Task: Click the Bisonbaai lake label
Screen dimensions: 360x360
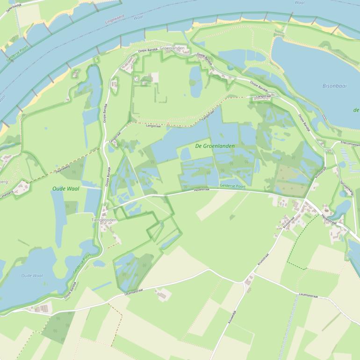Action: click(334, 86)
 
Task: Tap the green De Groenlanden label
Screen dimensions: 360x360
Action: click(215, 146)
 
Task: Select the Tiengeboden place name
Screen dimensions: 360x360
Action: click(104, 220)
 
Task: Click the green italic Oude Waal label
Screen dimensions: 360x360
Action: click(65, 189)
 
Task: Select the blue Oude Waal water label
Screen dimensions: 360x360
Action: click(32, 276)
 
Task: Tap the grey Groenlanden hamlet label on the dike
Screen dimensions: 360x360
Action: click(172, 48)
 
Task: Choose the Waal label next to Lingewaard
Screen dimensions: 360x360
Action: click(138, 17)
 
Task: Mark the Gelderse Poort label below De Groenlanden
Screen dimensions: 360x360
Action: click(232, 186)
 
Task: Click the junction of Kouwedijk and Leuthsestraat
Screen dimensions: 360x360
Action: click(244, 282)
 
